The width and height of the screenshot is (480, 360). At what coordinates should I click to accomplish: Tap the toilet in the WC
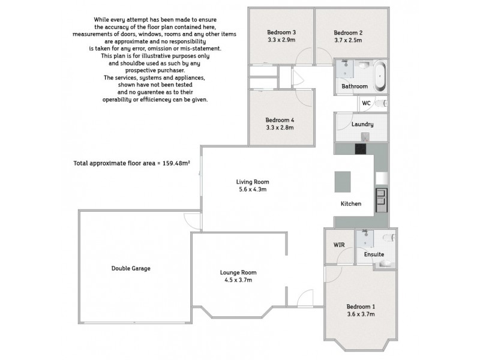(385, 103)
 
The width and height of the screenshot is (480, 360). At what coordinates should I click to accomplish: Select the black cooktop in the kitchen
(362, 151)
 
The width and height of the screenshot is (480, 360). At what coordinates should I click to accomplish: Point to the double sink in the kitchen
(380, 198)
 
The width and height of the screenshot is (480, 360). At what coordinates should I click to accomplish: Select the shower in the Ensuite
(363, 239)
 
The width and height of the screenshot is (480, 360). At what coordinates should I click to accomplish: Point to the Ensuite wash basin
(387, 263)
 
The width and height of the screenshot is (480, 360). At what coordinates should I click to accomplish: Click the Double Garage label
(130, 268)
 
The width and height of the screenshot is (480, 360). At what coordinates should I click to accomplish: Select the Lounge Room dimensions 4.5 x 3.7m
(238, 280)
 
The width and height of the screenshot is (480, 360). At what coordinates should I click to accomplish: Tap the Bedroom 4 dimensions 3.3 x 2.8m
(280, 128)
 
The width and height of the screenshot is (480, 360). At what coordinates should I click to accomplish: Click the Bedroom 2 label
(348, 32)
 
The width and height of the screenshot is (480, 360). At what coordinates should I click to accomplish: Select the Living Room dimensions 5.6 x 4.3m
(251, 190)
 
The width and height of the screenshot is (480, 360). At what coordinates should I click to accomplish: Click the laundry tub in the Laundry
(364, 136)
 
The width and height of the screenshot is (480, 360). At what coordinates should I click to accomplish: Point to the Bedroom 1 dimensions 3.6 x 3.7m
(362, 314)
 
